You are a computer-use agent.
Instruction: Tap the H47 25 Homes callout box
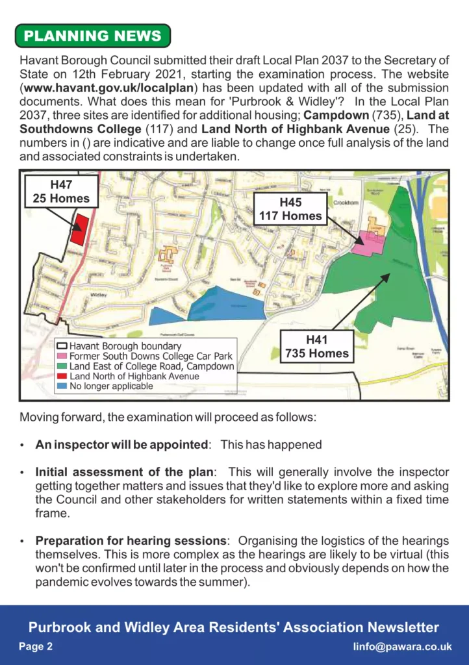[61, 192]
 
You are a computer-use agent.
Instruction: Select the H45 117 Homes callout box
[290, 209]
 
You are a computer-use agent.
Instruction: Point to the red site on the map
[79, 229]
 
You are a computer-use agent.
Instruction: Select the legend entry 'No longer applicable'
[111, 386]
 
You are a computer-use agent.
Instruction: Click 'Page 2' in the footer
[36, 647]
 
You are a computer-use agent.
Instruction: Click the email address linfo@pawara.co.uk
[402, 647]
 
